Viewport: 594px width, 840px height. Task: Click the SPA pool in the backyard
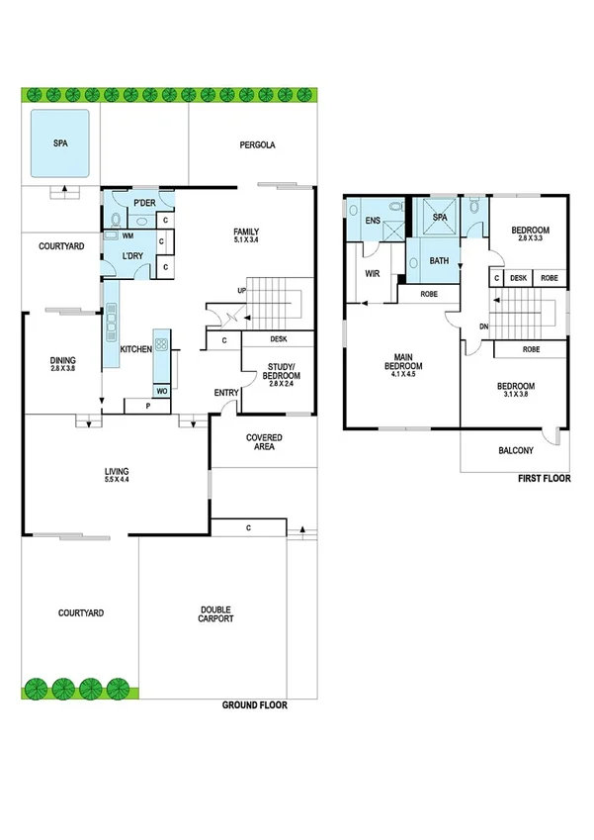59,143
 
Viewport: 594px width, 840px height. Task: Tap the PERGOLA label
257,144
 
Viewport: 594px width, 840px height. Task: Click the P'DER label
144,204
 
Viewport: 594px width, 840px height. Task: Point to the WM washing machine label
127,236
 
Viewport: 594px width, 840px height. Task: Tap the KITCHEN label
134,350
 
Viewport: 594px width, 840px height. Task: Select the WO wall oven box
162,391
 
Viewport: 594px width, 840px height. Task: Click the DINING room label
62,362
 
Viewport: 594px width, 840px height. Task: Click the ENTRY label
226,393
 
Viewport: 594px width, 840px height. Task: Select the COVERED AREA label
264,441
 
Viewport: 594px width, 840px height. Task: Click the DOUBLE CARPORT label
215,613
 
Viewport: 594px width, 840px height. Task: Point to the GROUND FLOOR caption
255,706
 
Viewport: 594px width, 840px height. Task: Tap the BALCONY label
515,450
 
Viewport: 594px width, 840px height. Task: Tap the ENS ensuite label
374,221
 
